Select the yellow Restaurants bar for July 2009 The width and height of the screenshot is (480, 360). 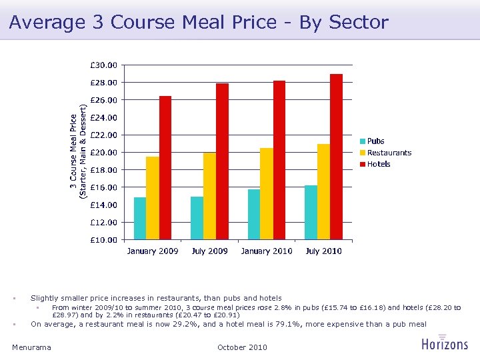coord(209,196)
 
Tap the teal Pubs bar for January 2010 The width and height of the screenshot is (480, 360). coord(254,214)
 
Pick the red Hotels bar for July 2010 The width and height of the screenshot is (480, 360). coord(336,157)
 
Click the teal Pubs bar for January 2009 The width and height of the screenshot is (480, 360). coord(140,218)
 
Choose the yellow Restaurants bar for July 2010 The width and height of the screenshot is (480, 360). coord(323,192)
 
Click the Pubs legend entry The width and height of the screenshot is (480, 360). coord(373,141)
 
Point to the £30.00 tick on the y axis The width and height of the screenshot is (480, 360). coord(103,65)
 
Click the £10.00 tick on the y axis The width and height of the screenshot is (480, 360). coord(103,240)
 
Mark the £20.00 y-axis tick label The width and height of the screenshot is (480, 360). coord(103,153)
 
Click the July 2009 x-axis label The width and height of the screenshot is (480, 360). coord(209,251)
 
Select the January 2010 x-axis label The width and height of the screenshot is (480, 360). coord(267,251)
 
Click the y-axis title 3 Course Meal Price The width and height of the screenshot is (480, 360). coord(78,151)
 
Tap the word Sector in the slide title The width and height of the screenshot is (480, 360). coord(360,22)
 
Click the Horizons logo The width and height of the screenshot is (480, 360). coord(445,343)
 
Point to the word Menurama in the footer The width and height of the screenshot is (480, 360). coord(31,347)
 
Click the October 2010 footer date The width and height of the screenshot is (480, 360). coord(242,347)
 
